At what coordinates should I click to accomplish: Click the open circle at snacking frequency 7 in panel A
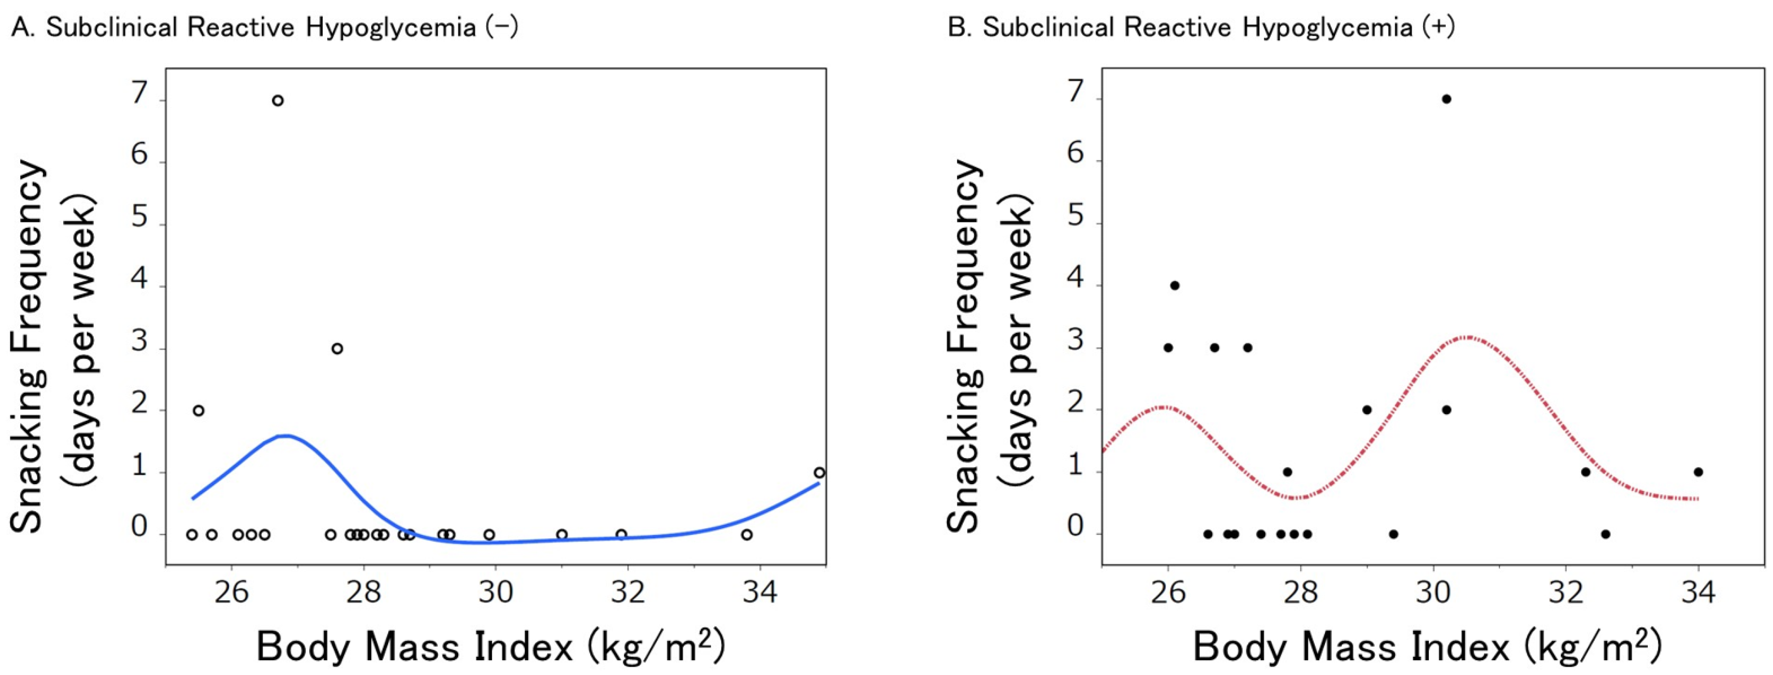pos(278,101)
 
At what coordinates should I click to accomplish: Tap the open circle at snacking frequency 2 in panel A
pos(198,411)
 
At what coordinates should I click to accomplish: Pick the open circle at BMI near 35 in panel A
pos(819,473)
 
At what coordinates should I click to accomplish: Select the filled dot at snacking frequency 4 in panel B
pos(1175,286)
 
